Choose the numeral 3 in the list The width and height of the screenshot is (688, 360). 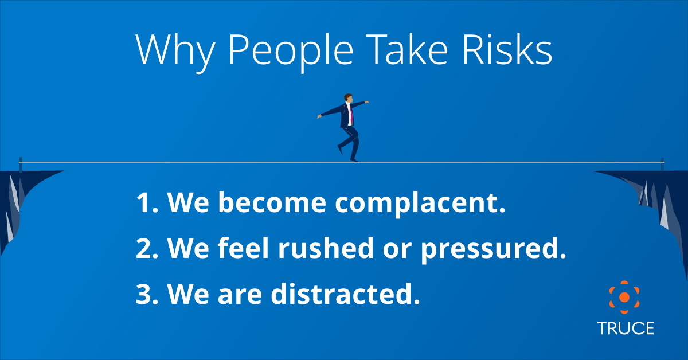[x=143, y=294]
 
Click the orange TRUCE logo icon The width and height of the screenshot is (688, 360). [x=625, y=296]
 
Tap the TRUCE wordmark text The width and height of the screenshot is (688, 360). [x=625, y=328]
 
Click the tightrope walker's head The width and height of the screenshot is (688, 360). [x=348, y=99]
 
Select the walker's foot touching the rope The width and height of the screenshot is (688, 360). [x=354, y=160]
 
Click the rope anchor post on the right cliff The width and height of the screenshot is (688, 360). [x=663, y=163]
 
